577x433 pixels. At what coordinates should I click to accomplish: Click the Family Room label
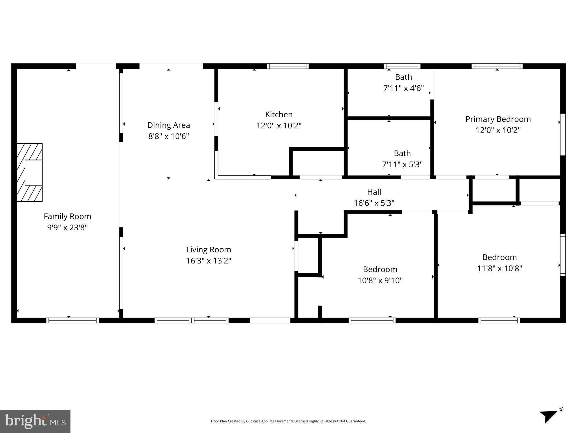pyautogui.click(x=67, y=216)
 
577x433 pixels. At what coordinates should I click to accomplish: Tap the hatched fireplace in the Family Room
pyautogui.click(x=30, y=172)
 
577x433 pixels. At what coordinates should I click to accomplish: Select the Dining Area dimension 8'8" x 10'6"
pyautogui.click(x=169, y=136)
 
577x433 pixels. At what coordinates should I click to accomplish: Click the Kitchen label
pyautogui.click(x=279, y=114)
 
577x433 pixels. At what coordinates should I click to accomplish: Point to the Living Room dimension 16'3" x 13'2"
pyautogui.click(x=209, y=261)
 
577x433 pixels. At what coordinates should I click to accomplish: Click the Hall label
pyautogui.click(x=374, y=192)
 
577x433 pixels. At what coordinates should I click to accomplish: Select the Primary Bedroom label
pyautogui.click(x=498, y=119)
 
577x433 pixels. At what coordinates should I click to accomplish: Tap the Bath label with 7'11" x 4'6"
pyautogui.click(x=403, y=77)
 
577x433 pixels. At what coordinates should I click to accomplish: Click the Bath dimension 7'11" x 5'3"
pyautogui.click(x=402, y=164)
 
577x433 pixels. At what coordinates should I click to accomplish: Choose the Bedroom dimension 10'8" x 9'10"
pyautogui.click(x=380, y=280)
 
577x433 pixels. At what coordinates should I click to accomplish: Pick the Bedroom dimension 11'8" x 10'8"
pyautogui.click(x=499, y=268)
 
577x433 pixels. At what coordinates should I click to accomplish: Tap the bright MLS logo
pyautogui.click(x=35, y=421)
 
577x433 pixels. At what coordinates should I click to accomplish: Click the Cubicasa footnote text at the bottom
pyautogui.click(x=288, y=421)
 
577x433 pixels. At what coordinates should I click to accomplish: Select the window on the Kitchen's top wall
pyautogui.click(x=288, y=66)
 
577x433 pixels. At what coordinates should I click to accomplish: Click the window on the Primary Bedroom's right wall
pyautogui.click(x=563, y=134)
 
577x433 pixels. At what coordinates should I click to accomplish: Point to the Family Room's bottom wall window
pyautogui.click(x=72, y=320)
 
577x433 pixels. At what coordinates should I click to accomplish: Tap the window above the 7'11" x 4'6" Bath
pyautogui.click(x=402, y=66)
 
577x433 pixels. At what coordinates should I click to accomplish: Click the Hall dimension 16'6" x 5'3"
pyautogui.click(x=374, y=203)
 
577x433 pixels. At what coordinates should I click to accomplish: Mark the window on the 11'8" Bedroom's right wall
pyautogui.click(x=563, y=255)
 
